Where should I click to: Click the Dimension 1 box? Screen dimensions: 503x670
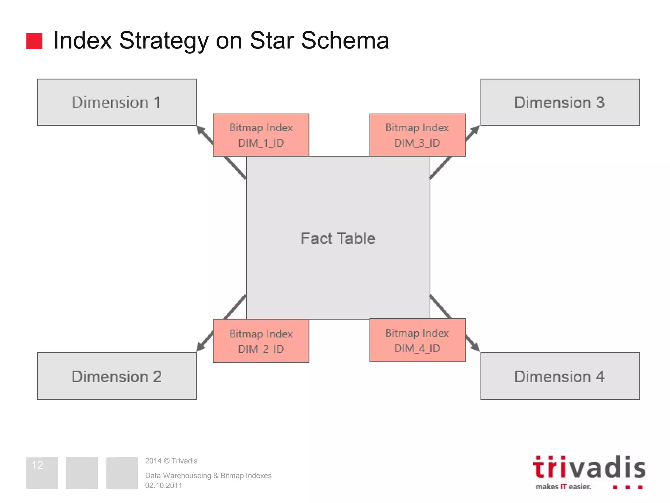[117, 102]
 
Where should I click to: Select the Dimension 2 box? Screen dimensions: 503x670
[117, 376]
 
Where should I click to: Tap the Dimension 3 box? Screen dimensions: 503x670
[560, 102]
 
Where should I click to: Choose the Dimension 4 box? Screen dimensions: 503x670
[560, 376]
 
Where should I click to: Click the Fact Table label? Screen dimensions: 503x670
[338, 238]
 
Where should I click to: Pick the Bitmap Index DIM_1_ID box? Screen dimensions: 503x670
[261, 135]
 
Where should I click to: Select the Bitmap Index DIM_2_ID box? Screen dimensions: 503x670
[261, 341]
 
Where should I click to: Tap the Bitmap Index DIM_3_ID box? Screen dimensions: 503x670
[417, 135]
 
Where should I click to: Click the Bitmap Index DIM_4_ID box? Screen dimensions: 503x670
[417, 340]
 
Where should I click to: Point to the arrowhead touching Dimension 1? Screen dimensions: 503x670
[200, 130]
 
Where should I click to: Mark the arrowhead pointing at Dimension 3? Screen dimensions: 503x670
[475, 130]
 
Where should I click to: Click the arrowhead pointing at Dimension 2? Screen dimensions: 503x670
[200, 347]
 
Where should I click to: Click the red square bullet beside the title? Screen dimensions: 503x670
[34, 41]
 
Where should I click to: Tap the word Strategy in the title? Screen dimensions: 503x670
[164, 41]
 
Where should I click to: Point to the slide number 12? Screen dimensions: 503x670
[37, 465]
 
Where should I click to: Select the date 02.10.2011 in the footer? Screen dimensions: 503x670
[164, 485]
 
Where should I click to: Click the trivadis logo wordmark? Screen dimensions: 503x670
[589, 468]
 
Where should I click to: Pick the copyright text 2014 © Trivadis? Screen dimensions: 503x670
[171, 461]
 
